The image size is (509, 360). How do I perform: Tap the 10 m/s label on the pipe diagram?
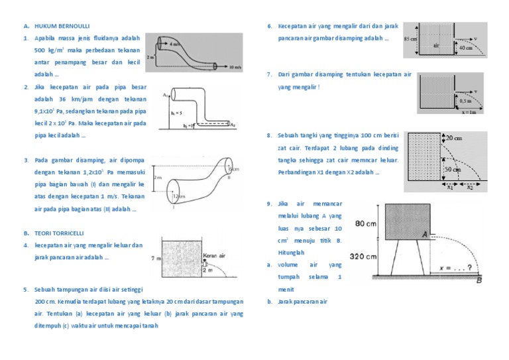click(233, 67)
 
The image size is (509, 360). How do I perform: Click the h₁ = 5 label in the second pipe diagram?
click(176, 112)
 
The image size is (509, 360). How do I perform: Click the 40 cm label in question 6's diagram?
click(465, 48)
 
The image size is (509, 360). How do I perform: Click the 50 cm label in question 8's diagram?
click(454, 170)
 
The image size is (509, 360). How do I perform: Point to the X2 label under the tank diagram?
click(469, 187)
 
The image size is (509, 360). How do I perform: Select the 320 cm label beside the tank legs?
click(364, 257)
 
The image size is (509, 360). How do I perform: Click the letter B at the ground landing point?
click(479, 280)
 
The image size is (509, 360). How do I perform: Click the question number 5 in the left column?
click(25, 290)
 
